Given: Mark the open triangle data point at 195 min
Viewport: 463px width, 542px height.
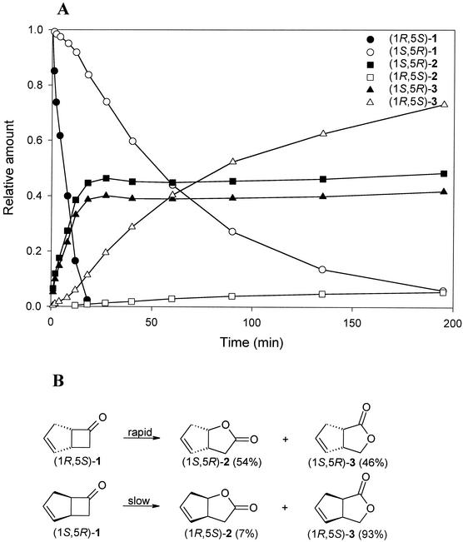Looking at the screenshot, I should [x=444, y=104].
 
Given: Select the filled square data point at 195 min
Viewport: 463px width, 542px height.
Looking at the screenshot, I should [x=444, y=173].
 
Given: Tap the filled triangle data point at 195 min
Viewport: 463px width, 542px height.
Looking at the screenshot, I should [x=444, y=192].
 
